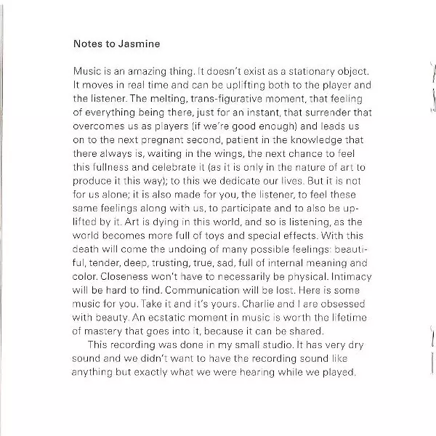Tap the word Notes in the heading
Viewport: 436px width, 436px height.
(x=89, y=43)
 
